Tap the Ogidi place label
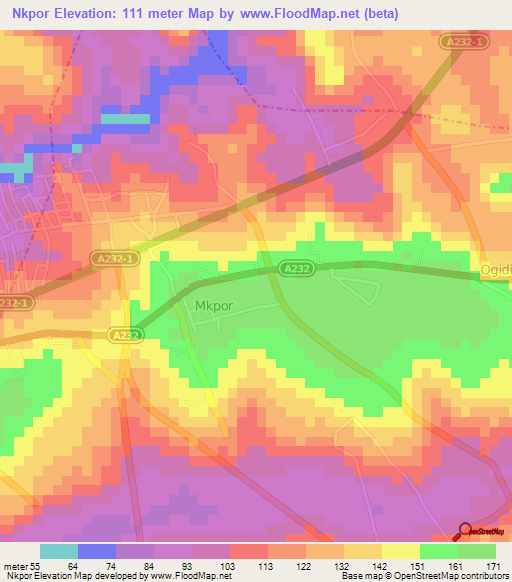[x=495, y=271]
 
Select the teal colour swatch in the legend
[x=59, y=550]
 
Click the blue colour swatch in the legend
[x=97, y=550]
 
